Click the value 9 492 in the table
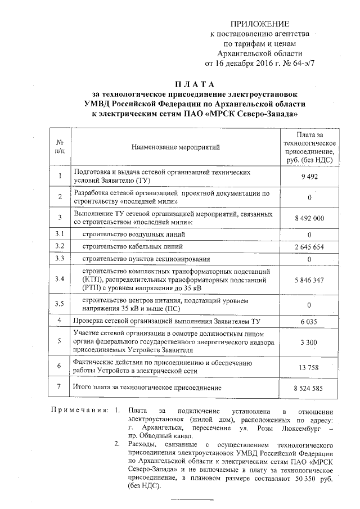click(x=310, y=176)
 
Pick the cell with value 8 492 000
click(x=310, y=218)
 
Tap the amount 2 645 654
click(x=310, y=246)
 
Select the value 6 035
click(x=310, y=321)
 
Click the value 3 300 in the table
click(x=310, y=342)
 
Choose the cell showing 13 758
click(x=310, y=367)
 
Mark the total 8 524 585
click(x=310, y=388)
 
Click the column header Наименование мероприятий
click(x=175, y=147)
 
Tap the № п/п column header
click(x=60, y=147)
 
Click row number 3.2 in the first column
click(x=60, y=246)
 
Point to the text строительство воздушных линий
click(x=130, y=234)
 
